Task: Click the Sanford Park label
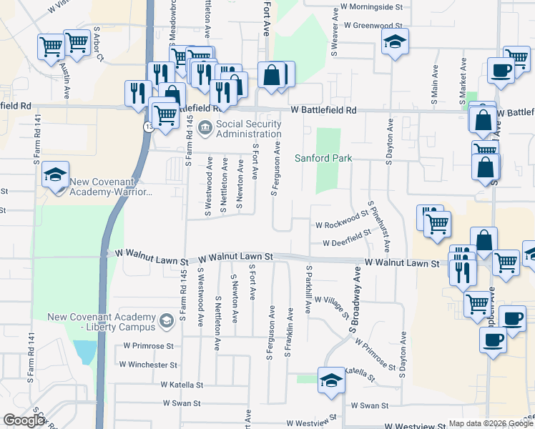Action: pyautogui.click(x=324, y=158)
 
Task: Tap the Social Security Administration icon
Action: pyautogui.click(x=205, y=128)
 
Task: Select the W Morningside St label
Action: pyautogui.click(x=371, y=6)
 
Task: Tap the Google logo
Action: pyautogui.click(x=23, y=420)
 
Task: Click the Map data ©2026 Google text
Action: pyautogui.click(x=491, y=423)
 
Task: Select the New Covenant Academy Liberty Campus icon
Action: pyautogui.click(x=166, y=321)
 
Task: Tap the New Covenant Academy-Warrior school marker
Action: pyautogui.click(x=55, y=174)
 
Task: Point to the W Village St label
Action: pyautogui.click(x=331, y=307)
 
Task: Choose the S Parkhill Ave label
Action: pyautogui.click(x=309, y=290)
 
